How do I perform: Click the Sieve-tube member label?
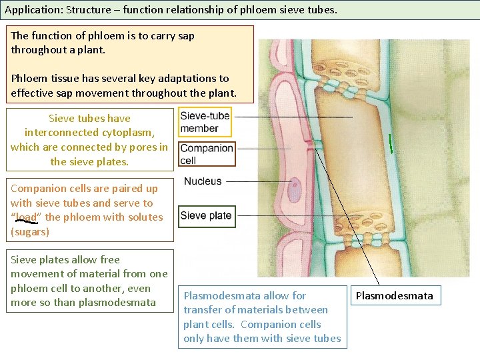click(205, 121)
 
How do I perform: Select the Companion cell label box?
click(207, 154)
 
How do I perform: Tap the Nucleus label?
click(203, 181)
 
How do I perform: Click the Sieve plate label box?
click(206, 215)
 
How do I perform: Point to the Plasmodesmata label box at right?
click(394, 295)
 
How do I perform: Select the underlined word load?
click(27, 217)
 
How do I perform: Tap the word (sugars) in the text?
click(30, 231)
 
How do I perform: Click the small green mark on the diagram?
click(391, 143)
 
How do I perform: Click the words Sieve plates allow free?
click(65, 259)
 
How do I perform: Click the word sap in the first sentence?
click(183, 35)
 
